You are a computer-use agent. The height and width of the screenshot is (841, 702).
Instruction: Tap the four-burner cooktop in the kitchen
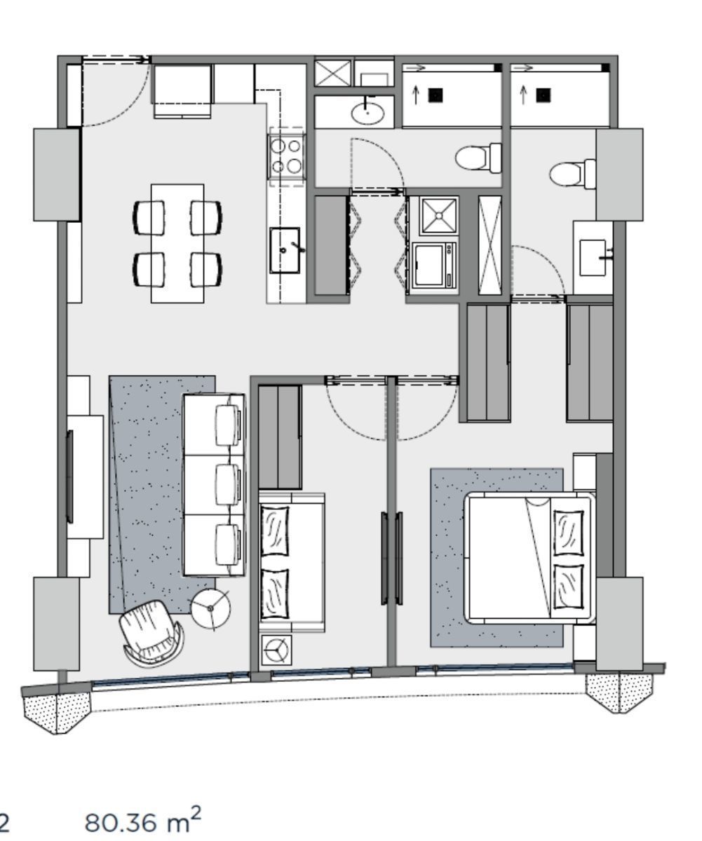pyautogui.click(x=287, y=157)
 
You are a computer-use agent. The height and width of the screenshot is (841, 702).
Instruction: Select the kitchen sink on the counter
pyautogui.click(x=285, y=250)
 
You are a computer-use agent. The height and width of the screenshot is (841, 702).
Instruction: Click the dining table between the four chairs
pyautogui.click(x=177, y=243)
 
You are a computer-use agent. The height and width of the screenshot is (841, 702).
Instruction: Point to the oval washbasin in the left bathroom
pyautogui.click(x=367, y=113)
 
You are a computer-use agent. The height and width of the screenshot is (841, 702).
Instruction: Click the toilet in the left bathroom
pyautogui.click(x=479, y=157)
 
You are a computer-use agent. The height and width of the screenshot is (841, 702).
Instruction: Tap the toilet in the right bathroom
pyautogui.click(x=573, y=174)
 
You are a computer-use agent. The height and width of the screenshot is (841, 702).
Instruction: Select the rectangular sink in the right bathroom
pyautogui.click(x=593, y=258)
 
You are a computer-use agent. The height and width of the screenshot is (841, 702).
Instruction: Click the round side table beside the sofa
pyautogui.click(x=210, y=608)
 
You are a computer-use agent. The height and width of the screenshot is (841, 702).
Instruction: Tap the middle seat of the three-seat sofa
pyautogui.click(x=214, y=484)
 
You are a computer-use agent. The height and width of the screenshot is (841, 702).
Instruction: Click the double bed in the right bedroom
pyautogui.click(x=529, y=558)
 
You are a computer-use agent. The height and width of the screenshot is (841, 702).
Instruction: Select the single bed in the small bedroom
pyautogui.click(x=291, y=562)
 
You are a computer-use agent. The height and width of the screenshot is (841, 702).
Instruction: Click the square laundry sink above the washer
pyautogui.click(x=438, y=216)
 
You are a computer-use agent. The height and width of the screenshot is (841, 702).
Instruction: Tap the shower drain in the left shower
pyautogui.click(x=436, y=95)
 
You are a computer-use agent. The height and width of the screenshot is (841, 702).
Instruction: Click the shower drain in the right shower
pyautogui.click(x=544, y=95)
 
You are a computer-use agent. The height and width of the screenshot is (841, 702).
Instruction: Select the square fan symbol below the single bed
pyautogui.click(x=276, y=650)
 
